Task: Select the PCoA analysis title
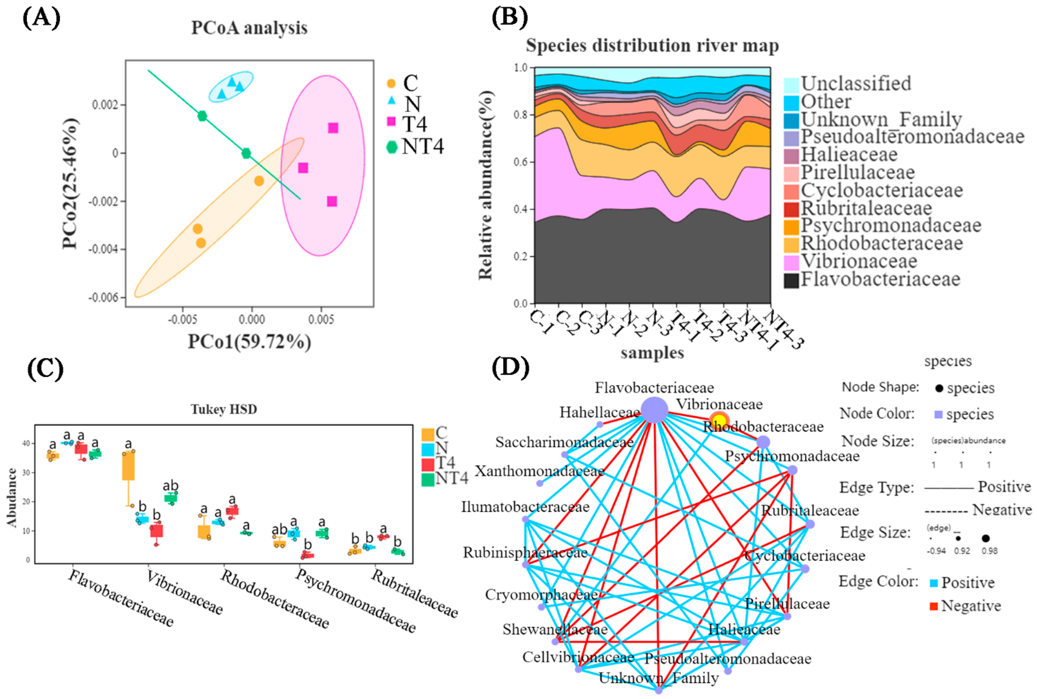point(249,28)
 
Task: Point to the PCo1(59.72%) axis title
point(249,341)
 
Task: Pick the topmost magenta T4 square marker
point(333,128)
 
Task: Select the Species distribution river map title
point(652,45)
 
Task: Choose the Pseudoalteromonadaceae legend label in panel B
point(912,136)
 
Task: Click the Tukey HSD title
point(224,409)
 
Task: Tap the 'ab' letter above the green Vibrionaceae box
point(170,485)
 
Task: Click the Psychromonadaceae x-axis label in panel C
point(355,600)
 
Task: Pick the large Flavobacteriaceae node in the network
point(654,410)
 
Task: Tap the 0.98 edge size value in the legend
point(989,551)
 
